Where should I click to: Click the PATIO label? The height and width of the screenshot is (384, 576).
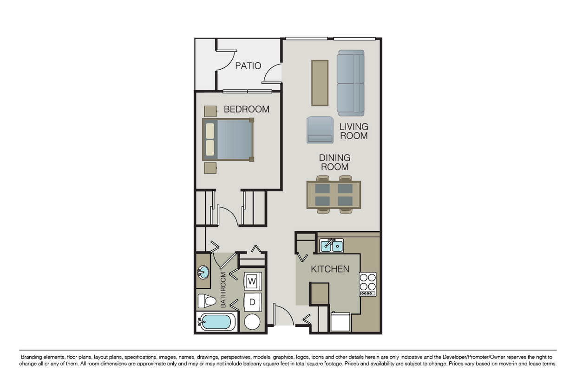(248, 66)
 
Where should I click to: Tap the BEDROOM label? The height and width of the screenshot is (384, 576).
(247, 110)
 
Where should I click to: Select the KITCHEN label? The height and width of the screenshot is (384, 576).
(330, 269)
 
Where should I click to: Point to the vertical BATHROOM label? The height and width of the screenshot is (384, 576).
(223, 290)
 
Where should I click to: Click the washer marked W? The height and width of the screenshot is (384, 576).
(252, 281)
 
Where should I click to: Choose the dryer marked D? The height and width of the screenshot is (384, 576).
(252, 302)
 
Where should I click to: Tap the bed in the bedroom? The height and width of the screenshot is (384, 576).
(228, 140)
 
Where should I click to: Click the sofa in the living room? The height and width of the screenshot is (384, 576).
(351, 83)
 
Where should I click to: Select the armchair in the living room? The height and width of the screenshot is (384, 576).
(320, 130)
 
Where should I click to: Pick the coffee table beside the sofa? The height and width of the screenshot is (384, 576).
(320, 83)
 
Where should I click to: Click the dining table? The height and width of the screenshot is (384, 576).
(334, 195)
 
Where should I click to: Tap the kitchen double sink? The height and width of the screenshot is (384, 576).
(332, 246)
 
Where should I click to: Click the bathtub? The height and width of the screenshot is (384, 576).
(216, 322)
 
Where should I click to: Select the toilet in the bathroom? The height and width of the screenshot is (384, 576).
(207, 301)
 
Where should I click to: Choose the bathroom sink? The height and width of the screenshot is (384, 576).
(203, 272)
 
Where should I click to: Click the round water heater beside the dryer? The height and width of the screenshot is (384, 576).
(252, 322)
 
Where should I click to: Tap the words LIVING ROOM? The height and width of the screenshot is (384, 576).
(353, 131)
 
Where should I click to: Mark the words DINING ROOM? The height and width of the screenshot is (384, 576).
(334, 163)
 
